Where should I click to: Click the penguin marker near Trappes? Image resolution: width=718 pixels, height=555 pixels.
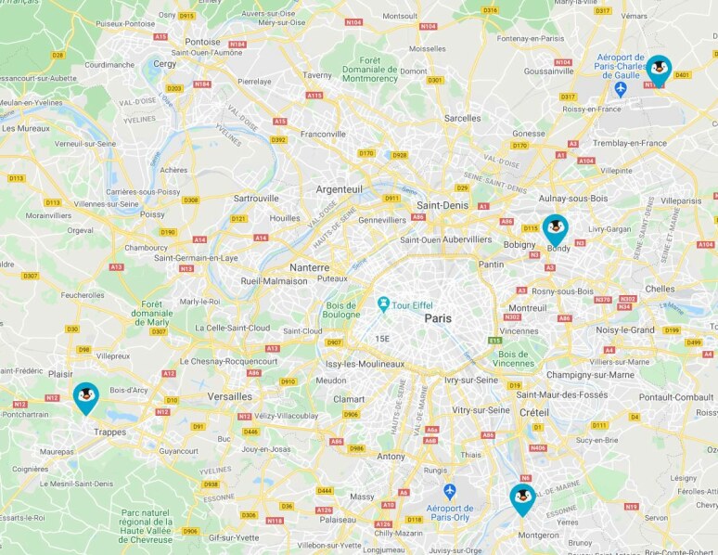coord(86,396)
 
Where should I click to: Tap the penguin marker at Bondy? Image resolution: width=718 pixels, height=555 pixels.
coord(556,228)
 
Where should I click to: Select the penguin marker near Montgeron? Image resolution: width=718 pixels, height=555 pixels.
coord(522,497)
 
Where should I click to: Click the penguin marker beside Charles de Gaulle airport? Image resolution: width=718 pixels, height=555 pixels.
coord(659,69)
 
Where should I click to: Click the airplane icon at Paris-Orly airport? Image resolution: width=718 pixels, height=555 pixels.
coord(450,490)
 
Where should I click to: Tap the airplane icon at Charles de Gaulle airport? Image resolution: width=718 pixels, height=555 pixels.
coord(622,88)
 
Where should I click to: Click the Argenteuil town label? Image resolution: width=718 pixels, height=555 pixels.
coord(340,188)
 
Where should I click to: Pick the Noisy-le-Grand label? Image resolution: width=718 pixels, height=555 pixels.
coord(625,329)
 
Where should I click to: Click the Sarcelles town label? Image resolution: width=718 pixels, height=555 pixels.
coord(462,118)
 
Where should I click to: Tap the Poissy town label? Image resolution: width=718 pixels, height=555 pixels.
coord(152,214)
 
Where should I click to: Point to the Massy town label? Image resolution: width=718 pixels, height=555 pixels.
coord(361,497)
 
